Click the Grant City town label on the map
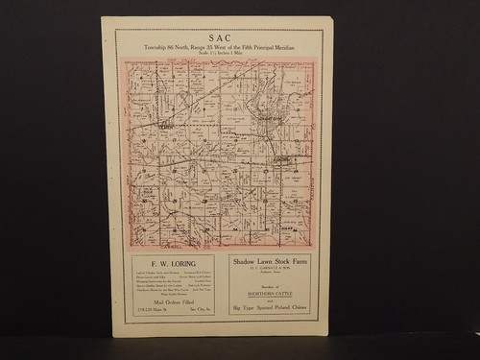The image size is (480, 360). tap(167, 125)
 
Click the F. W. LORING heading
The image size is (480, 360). tap(172, 262)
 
